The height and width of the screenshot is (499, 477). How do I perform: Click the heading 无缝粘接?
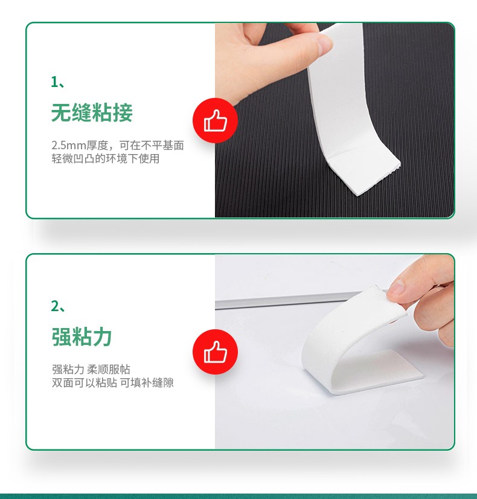(92, 112)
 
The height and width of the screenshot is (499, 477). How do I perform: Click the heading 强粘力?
(82, 336)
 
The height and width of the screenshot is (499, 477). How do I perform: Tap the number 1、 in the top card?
(57, 82)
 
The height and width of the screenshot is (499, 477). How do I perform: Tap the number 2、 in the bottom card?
(57, 306)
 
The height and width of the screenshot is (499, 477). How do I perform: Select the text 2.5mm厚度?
(80, 146)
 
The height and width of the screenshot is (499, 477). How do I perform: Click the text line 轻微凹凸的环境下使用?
(106, 158)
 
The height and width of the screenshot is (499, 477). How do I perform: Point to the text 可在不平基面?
(152, 146)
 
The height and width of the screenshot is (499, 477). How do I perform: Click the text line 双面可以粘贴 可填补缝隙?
(112, 382)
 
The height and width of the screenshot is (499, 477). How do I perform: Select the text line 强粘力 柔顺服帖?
(91, 369)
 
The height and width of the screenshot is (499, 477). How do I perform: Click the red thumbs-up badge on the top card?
(216, 120)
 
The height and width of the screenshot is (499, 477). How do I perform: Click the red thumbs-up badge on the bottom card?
(216, 352)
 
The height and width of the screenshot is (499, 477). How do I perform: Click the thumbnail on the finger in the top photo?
(324, 44)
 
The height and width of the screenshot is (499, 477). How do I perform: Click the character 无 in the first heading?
(61, 112)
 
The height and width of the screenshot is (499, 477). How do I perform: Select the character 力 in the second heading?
(102, 336)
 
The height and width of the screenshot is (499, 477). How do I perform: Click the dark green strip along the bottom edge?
(238, 496)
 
